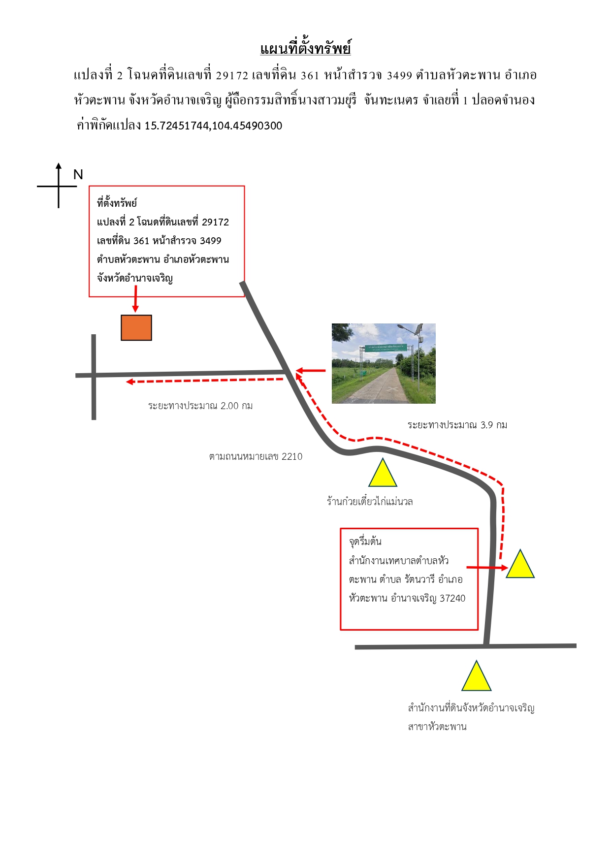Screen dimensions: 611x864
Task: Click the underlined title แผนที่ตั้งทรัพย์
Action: (305, 48)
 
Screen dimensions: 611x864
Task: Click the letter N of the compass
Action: (78, 175)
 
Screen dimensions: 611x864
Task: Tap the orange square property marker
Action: (136, 327)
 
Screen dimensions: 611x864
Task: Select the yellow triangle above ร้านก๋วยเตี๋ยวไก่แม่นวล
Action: (383, 474)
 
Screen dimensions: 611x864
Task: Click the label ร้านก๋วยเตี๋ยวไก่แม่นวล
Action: (370, 501)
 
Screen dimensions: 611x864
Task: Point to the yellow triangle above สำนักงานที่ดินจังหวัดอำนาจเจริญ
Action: (476, 677)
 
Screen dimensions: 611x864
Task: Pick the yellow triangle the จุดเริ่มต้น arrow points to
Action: (520, 564)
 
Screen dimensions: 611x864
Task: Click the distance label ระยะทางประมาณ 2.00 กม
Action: (200, 406)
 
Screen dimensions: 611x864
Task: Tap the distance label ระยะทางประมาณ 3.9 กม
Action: (457, 425)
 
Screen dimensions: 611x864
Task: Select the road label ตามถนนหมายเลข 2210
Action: (256, 456)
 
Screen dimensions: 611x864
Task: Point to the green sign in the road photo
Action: (386, 347)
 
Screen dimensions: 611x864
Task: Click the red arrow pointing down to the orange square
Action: (135, 299)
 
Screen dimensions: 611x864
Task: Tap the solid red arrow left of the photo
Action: (311, 371)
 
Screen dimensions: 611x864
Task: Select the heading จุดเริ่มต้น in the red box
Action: (365, 541)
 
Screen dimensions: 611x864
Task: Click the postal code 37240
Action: (452, 598)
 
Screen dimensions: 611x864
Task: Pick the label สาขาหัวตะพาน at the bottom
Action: (437, 727)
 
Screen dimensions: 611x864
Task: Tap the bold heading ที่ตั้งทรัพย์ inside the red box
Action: (117, 202)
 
